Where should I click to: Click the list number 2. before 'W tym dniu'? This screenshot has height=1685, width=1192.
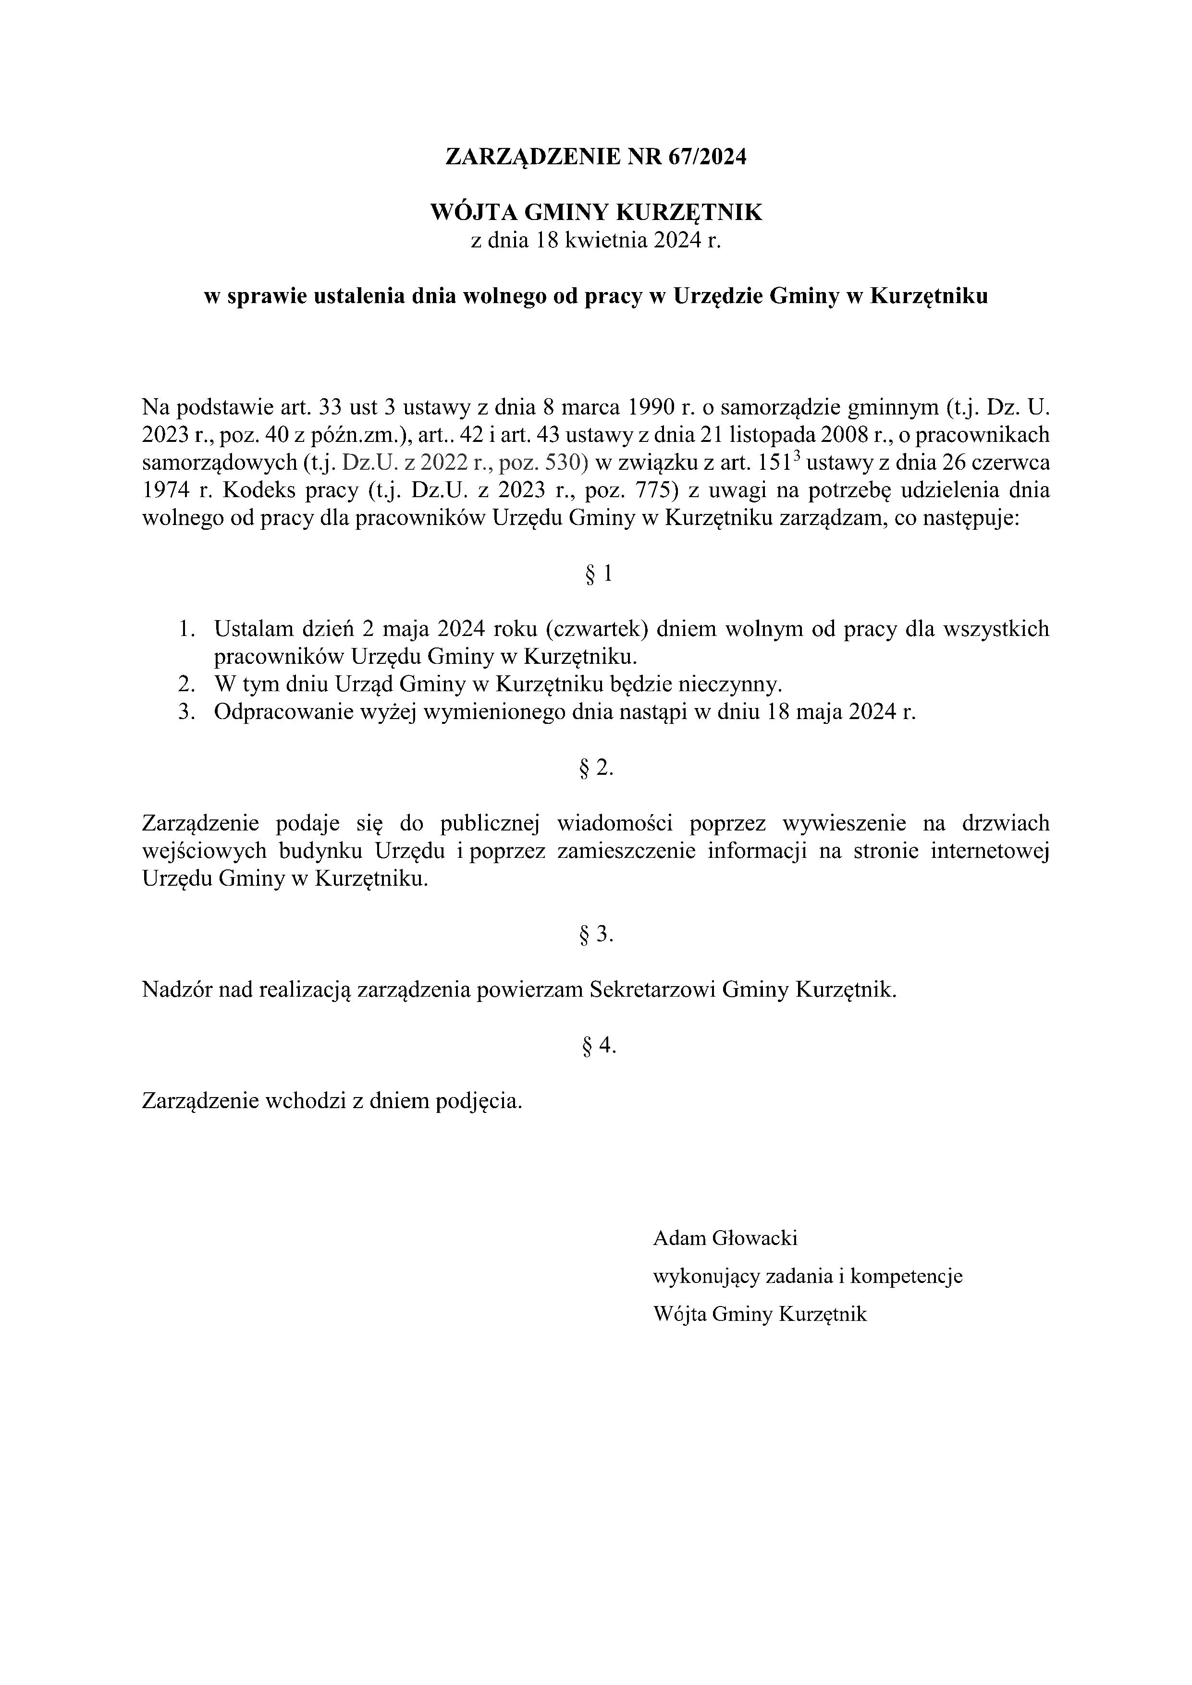point(186,685)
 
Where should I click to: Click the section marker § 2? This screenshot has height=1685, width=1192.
point(596,769)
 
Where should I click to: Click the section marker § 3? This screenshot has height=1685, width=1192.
point(596,935)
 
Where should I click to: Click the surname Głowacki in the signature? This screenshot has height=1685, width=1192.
point(755,1239)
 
